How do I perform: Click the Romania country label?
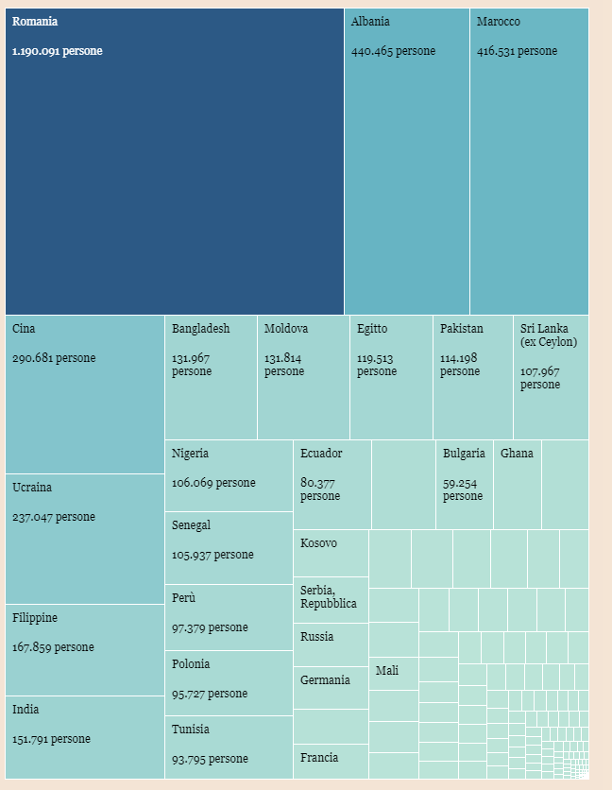tap(35, 21)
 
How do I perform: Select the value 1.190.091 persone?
tap(58, 51)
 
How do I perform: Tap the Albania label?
tap(370, 21)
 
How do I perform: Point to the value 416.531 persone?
tap(517, 51)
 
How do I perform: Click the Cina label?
tap(25, 329)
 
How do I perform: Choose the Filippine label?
tap(35, 618)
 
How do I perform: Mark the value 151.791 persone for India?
tap(51, 739)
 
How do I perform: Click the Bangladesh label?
tap(200, 329)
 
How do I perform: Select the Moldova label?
tap(286, 329)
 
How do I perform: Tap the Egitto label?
tap(372, 329)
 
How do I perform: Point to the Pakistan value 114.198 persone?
tap(460, 365)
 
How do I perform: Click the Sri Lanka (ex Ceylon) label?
tap(548, 335)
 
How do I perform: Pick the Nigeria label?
tap(191, 454)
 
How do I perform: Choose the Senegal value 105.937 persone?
tap(212, 555)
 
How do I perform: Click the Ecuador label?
tap(321, 454)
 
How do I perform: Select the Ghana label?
tap(517, 454)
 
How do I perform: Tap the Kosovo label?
tap(319, 543)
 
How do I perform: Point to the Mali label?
tap(387, 671)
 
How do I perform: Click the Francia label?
tap(320, 758)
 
